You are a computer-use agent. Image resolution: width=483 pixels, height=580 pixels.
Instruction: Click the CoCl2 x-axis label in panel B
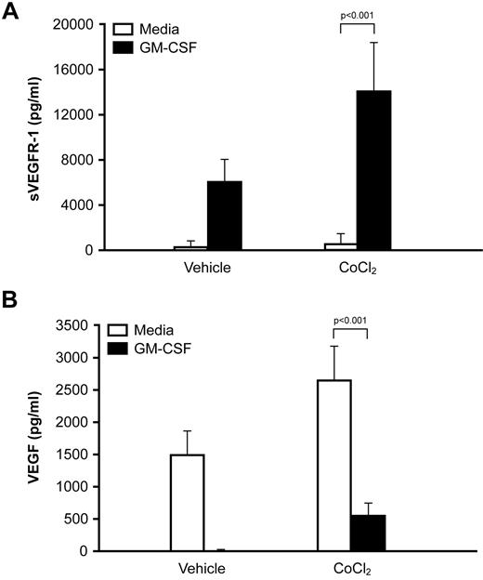[x=350, y=568]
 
